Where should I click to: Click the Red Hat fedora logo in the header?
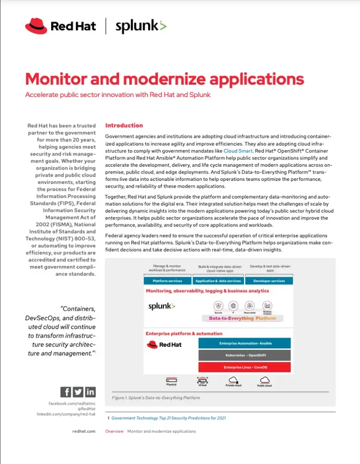pos(36,26)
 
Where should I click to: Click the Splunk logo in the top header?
pos(141,26)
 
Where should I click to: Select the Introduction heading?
pos(124,126)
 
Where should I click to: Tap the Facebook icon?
pos(66,392)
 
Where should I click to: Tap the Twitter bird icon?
pos(78,392)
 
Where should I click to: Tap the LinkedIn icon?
pos(90,392)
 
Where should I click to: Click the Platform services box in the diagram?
pos(167,281)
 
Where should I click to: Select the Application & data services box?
pos(218,281)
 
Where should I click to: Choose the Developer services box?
pos(269,281)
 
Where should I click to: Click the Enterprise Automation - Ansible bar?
pos(244,343)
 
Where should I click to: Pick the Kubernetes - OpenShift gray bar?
pos(244,355)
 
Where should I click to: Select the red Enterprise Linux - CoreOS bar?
pos(244,367)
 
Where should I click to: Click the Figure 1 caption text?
pos(156,398)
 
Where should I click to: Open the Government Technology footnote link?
pos(168,418)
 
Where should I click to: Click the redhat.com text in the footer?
pos(84,431)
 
